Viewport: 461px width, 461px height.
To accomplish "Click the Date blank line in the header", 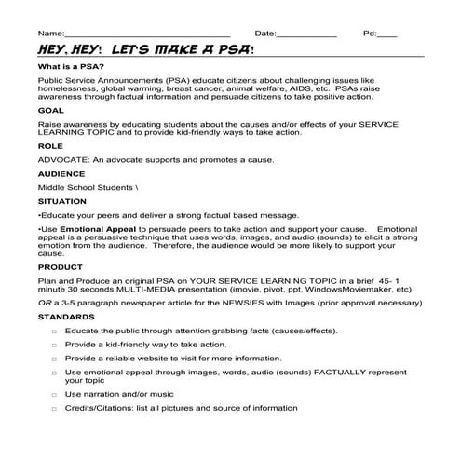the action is (306, 34).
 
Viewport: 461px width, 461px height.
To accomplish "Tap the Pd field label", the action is (370, 34).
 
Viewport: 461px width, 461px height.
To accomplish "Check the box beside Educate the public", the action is (54, 331).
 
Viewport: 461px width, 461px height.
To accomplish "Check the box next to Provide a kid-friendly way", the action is (54, 344).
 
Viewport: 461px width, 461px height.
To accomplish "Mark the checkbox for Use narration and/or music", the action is (54, 394).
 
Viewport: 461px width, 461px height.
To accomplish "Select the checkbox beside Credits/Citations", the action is (54, 407).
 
